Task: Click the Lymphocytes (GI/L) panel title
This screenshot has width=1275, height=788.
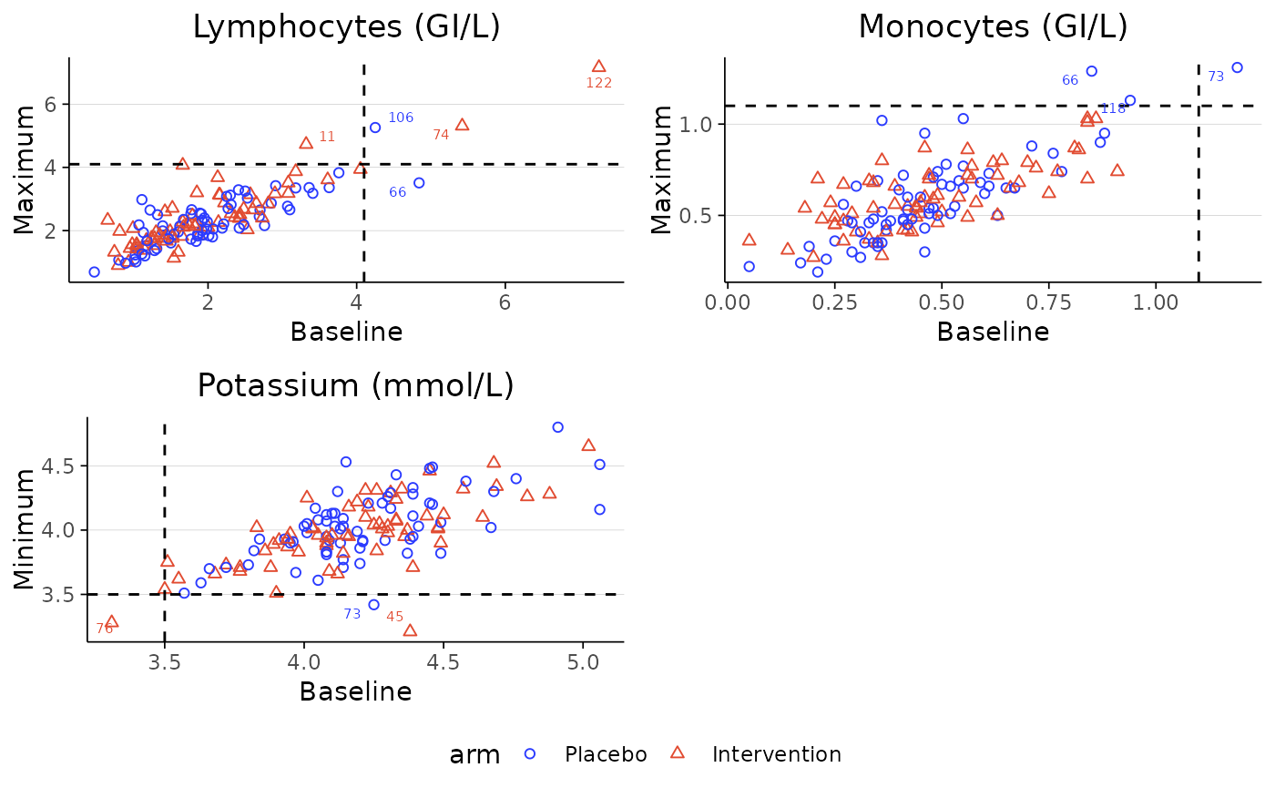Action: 346,27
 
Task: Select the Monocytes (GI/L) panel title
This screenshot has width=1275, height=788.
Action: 993,27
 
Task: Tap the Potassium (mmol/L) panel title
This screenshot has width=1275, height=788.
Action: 355,386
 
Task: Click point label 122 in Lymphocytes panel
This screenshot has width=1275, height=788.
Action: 598,83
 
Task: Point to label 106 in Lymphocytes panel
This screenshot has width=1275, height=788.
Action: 401,118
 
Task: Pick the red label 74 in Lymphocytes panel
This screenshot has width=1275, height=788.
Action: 441,135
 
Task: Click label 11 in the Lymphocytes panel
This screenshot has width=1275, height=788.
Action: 327,137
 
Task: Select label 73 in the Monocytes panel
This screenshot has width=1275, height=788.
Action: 1216,77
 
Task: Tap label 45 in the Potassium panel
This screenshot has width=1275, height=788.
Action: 394,617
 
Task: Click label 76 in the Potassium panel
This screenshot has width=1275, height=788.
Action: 105,629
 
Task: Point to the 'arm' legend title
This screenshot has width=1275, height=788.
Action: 474,754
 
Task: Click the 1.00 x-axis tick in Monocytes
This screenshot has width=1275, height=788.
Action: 1156,301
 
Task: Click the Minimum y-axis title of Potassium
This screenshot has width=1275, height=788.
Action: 25,529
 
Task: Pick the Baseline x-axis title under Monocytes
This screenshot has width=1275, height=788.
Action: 993,332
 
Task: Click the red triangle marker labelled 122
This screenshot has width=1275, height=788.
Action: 598,67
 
